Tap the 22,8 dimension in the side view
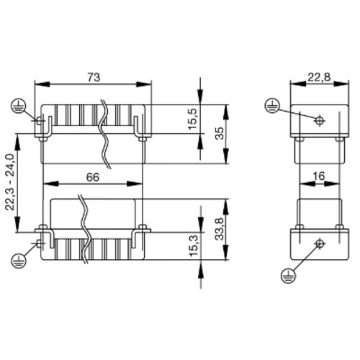point(315,76)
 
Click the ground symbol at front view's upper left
point(16,107)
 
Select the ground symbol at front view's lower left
point(16,258)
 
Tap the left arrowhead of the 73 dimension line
point(40,84)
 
